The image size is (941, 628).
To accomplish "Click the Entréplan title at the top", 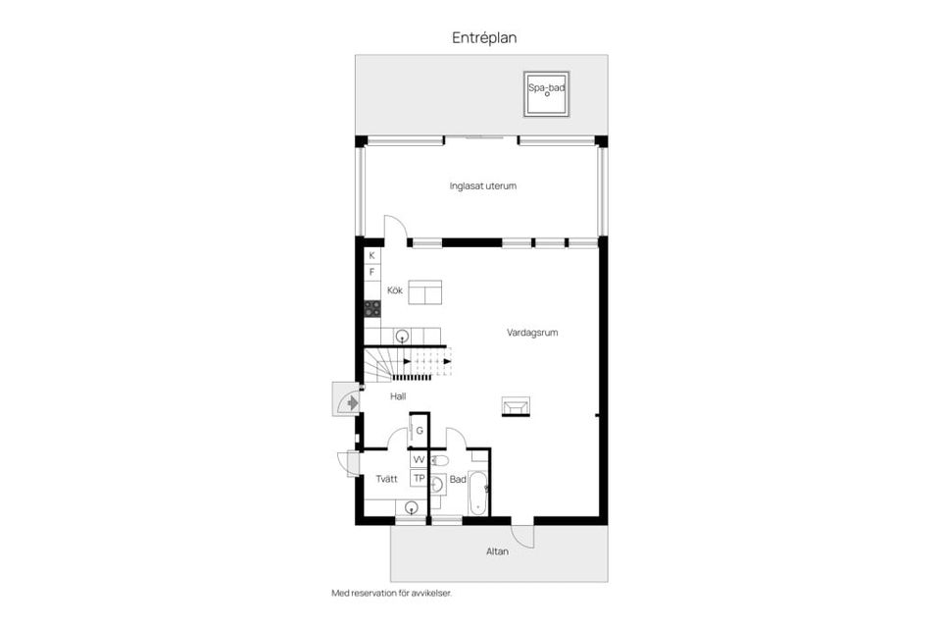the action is click(483, 38).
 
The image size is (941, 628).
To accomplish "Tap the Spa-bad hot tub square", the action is click(546, 94).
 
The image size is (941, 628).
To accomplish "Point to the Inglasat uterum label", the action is click(482, 185).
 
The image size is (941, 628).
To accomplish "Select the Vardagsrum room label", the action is click(532, 333).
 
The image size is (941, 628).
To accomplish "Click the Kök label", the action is click(394, 290).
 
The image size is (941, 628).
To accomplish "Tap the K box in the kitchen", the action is click(372, 256).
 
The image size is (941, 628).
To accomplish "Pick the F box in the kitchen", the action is click(372, 272).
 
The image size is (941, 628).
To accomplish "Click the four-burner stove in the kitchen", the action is click(372, 309).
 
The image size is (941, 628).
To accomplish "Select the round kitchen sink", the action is click(402, 336).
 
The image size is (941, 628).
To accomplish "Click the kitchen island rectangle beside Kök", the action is click(424, 292).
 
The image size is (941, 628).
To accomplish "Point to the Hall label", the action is click(398, 396).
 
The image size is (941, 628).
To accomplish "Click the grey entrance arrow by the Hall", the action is click(352, 402).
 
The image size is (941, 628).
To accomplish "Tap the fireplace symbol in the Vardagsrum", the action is click(517, 406).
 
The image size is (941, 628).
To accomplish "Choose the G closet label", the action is click(420, 431).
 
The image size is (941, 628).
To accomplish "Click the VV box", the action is click(419, 460).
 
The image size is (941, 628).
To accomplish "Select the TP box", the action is click(419, 479).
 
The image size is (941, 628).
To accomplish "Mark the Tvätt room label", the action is click(386, 479).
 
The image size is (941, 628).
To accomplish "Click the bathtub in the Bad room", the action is click(477, 493).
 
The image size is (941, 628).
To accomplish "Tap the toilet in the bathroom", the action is click(439, 461).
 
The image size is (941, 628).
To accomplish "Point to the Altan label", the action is click(498, 551).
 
